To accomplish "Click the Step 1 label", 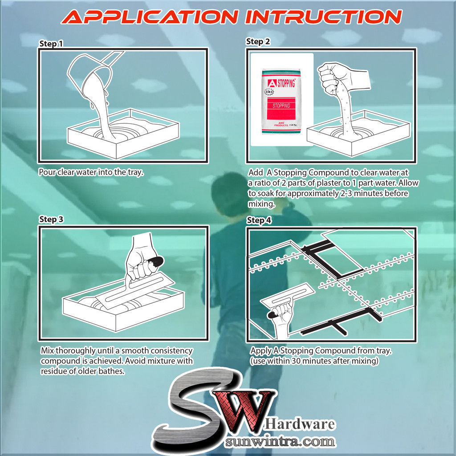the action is pos(51,44).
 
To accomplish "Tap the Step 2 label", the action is pos(258,42).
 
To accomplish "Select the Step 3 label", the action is pos(51,219).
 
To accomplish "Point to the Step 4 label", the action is pos(259,220).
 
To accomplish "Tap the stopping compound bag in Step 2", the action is pos(281,102).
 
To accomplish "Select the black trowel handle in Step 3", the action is pos(156,261).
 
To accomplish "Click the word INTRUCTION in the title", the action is pos(323,17).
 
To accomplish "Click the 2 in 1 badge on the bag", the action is pos(269,92).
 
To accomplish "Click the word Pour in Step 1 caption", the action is pos(47,172).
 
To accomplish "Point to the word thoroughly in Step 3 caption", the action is pos(75,351).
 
